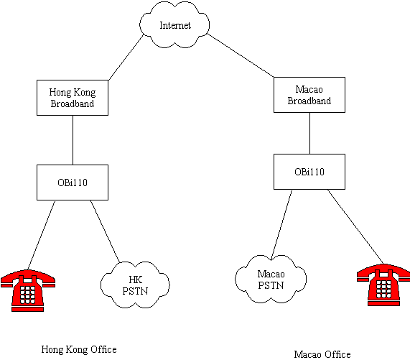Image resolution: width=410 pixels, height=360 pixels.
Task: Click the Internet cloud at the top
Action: point(174,25)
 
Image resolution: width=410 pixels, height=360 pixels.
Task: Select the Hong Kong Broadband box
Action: point(73,98)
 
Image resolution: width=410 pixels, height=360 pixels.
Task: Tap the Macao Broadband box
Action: point(309,95)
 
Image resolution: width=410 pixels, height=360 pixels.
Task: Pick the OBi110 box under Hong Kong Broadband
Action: point(73,183)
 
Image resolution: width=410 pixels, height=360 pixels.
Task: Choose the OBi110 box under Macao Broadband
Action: point(309,172)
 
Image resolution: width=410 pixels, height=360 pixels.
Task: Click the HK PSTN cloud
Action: point(135,285)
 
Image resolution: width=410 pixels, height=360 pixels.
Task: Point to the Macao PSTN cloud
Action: point(271,279)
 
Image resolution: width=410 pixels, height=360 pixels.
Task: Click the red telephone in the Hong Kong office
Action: point(28,291)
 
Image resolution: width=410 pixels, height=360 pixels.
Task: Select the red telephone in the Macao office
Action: point(383,285)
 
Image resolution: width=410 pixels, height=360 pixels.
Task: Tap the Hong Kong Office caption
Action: point(79,349)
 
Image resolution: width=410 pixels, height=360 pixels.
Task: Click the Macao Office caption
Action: point(322,354)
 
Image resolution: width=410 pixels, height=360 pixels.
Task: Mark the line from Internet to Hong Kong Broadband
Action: point(126,57)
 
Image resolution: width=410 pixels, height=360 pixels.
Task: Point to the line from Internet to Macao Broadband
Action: point(241,55)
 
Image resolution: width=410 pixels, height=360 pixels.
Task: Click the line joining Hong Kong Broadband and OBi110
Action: point(73,140)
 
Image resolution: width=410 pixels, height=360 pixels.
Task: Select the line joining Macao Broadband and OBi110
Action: point(310,133)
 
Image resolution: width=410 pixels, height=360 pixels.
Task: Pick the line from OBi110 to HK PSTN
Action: point(105,231)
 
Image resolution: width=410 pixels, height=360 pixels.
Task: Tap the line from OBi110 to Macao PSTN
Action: point(281,225)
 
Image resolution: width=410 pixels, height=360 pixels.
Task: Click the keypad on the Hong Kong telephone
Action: point(27,295)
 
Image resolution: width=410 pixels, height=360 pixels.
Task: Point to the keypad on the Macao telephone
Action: point(383,289)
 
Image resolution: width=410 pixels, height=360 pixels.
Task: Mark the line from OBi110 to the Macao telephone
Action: point(355,227)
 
